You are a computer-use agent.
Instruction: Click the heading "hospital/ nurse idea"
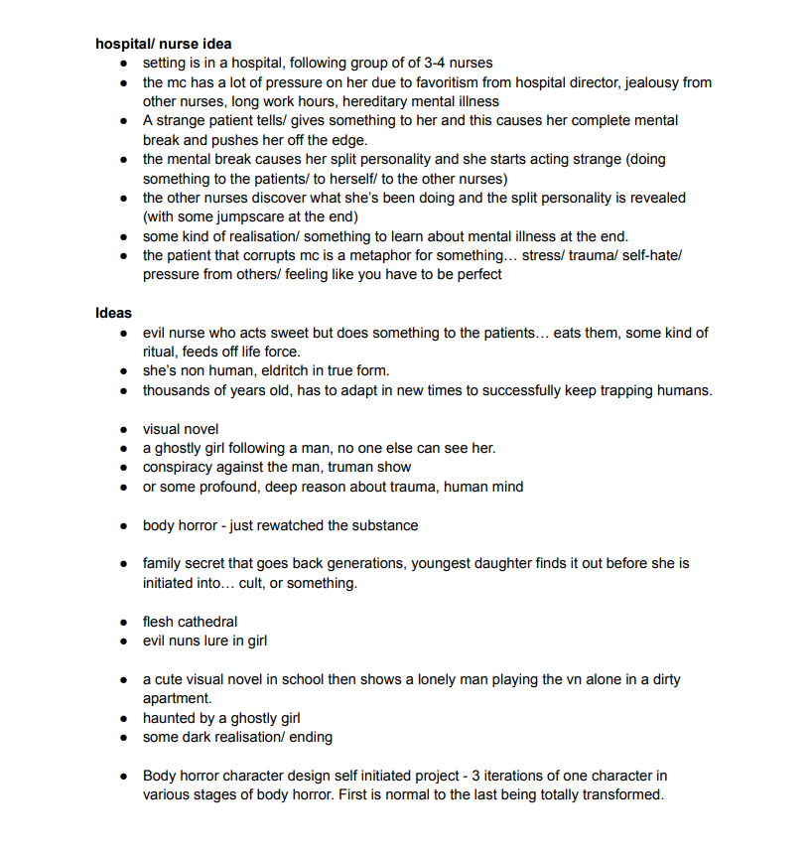coord(164,44)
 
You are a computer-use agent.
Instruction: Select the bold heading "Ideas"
coord(114,313)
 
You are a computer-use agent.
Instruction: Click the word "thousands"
coord(177,390)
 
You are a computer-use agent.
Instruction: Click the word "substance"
coord(382,525)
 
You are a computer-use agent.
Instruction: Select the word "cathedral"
coord(207,622)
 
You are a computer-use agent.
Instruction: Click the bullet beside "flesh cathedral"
coord(122,623)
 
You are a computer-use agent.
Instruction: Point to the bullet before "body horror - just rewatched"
coord(122,526)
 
